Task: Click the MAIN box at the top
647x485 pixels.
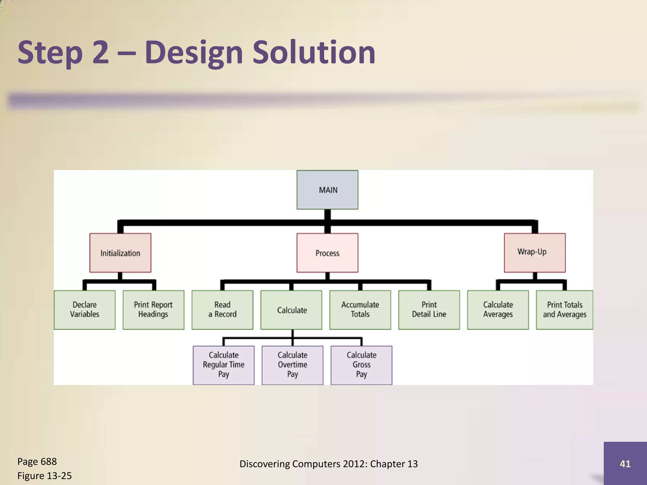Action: tap(327, 190)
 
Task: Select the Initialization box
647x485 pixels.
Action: tap(120, 253)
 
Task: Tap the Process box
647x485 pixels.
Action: tap(327, 253)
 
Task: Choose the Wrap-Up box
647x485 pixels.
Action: tap(535, 253)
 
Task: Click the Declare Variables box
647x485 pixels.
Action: tap(85, 310)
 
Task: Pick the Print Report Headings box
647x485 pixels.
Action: tap(153, 310)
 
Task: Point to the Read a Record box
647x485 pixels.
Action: tap(222, 310)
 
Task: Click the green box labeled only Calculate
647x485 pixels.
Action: tap(291, 310)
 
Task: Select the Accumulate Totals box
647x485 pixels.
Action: tap(360, 310)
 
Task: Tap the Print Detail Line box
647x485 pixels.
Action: tap(429, 310)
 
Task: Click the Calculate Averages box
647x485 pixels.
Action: tap(498, 310)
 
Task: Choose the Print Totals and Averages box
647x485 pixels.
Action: tap(565, 310)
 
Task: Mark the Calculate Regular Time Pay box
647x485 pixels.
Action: tap(224, 365)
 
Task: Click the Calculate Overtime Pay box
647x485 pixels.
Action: tap(293, 365)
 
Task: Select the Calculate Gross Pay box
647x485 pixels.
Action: tap(361, 365)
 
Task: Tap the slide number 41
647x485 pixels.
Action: tap(625, 464)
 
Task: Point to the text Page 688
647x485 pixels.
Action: tap(37, 462)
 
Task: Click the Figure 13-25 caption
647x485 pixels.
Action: tap(45, 476)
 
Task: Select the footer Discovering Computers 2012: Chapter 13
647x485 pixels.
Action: tap(329, 464)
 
